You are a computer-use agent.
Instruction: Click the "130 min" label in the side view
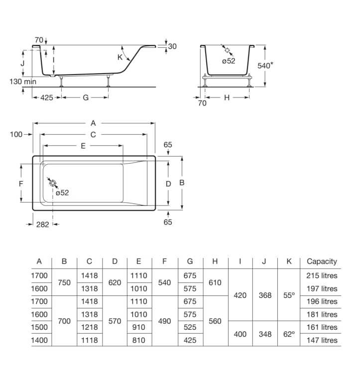tap(23, 81)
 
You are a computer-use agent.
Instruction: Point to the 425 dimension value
tap(46, 98)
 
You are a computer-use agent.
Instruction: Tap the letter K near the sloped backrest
tap(120, 57)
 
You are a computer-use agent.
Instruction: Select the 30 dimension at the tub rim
tap(172, 46)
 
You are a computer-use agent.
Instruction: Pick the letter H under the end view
tap(227, 98)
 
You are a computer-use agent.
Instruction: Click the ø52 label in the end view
tap(228, 61)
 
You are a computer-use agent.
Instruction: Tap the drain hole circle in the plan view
tap(53, 183)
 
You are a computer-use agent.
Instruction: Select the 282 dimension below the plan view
tap(42, 224)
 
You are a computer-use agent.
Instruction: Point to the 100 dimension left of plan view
tap(16, 134)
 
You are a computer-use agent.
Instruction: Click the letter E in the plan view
tap(83, 146)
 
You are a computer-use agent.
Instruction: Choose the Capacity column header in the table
tap(322, 261)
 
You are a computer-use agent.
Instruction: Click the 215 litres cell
tap(322, 276)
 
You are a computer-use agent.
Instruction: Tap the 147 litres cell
tap(322, 340)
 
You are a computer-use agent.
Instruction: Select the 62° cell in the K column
tap(290, 334)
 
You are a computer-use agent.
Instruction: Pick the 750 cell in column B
tap(64, 282)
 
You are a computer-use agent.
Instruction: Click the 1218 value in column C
tap(89, 327)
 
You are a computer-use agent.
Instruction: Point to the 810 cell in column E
tap(139, 340)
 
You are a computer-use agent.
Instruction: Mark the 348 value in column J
tap(265, 334)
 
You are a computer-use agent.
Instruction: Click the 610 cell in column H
tap(215, 282)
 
